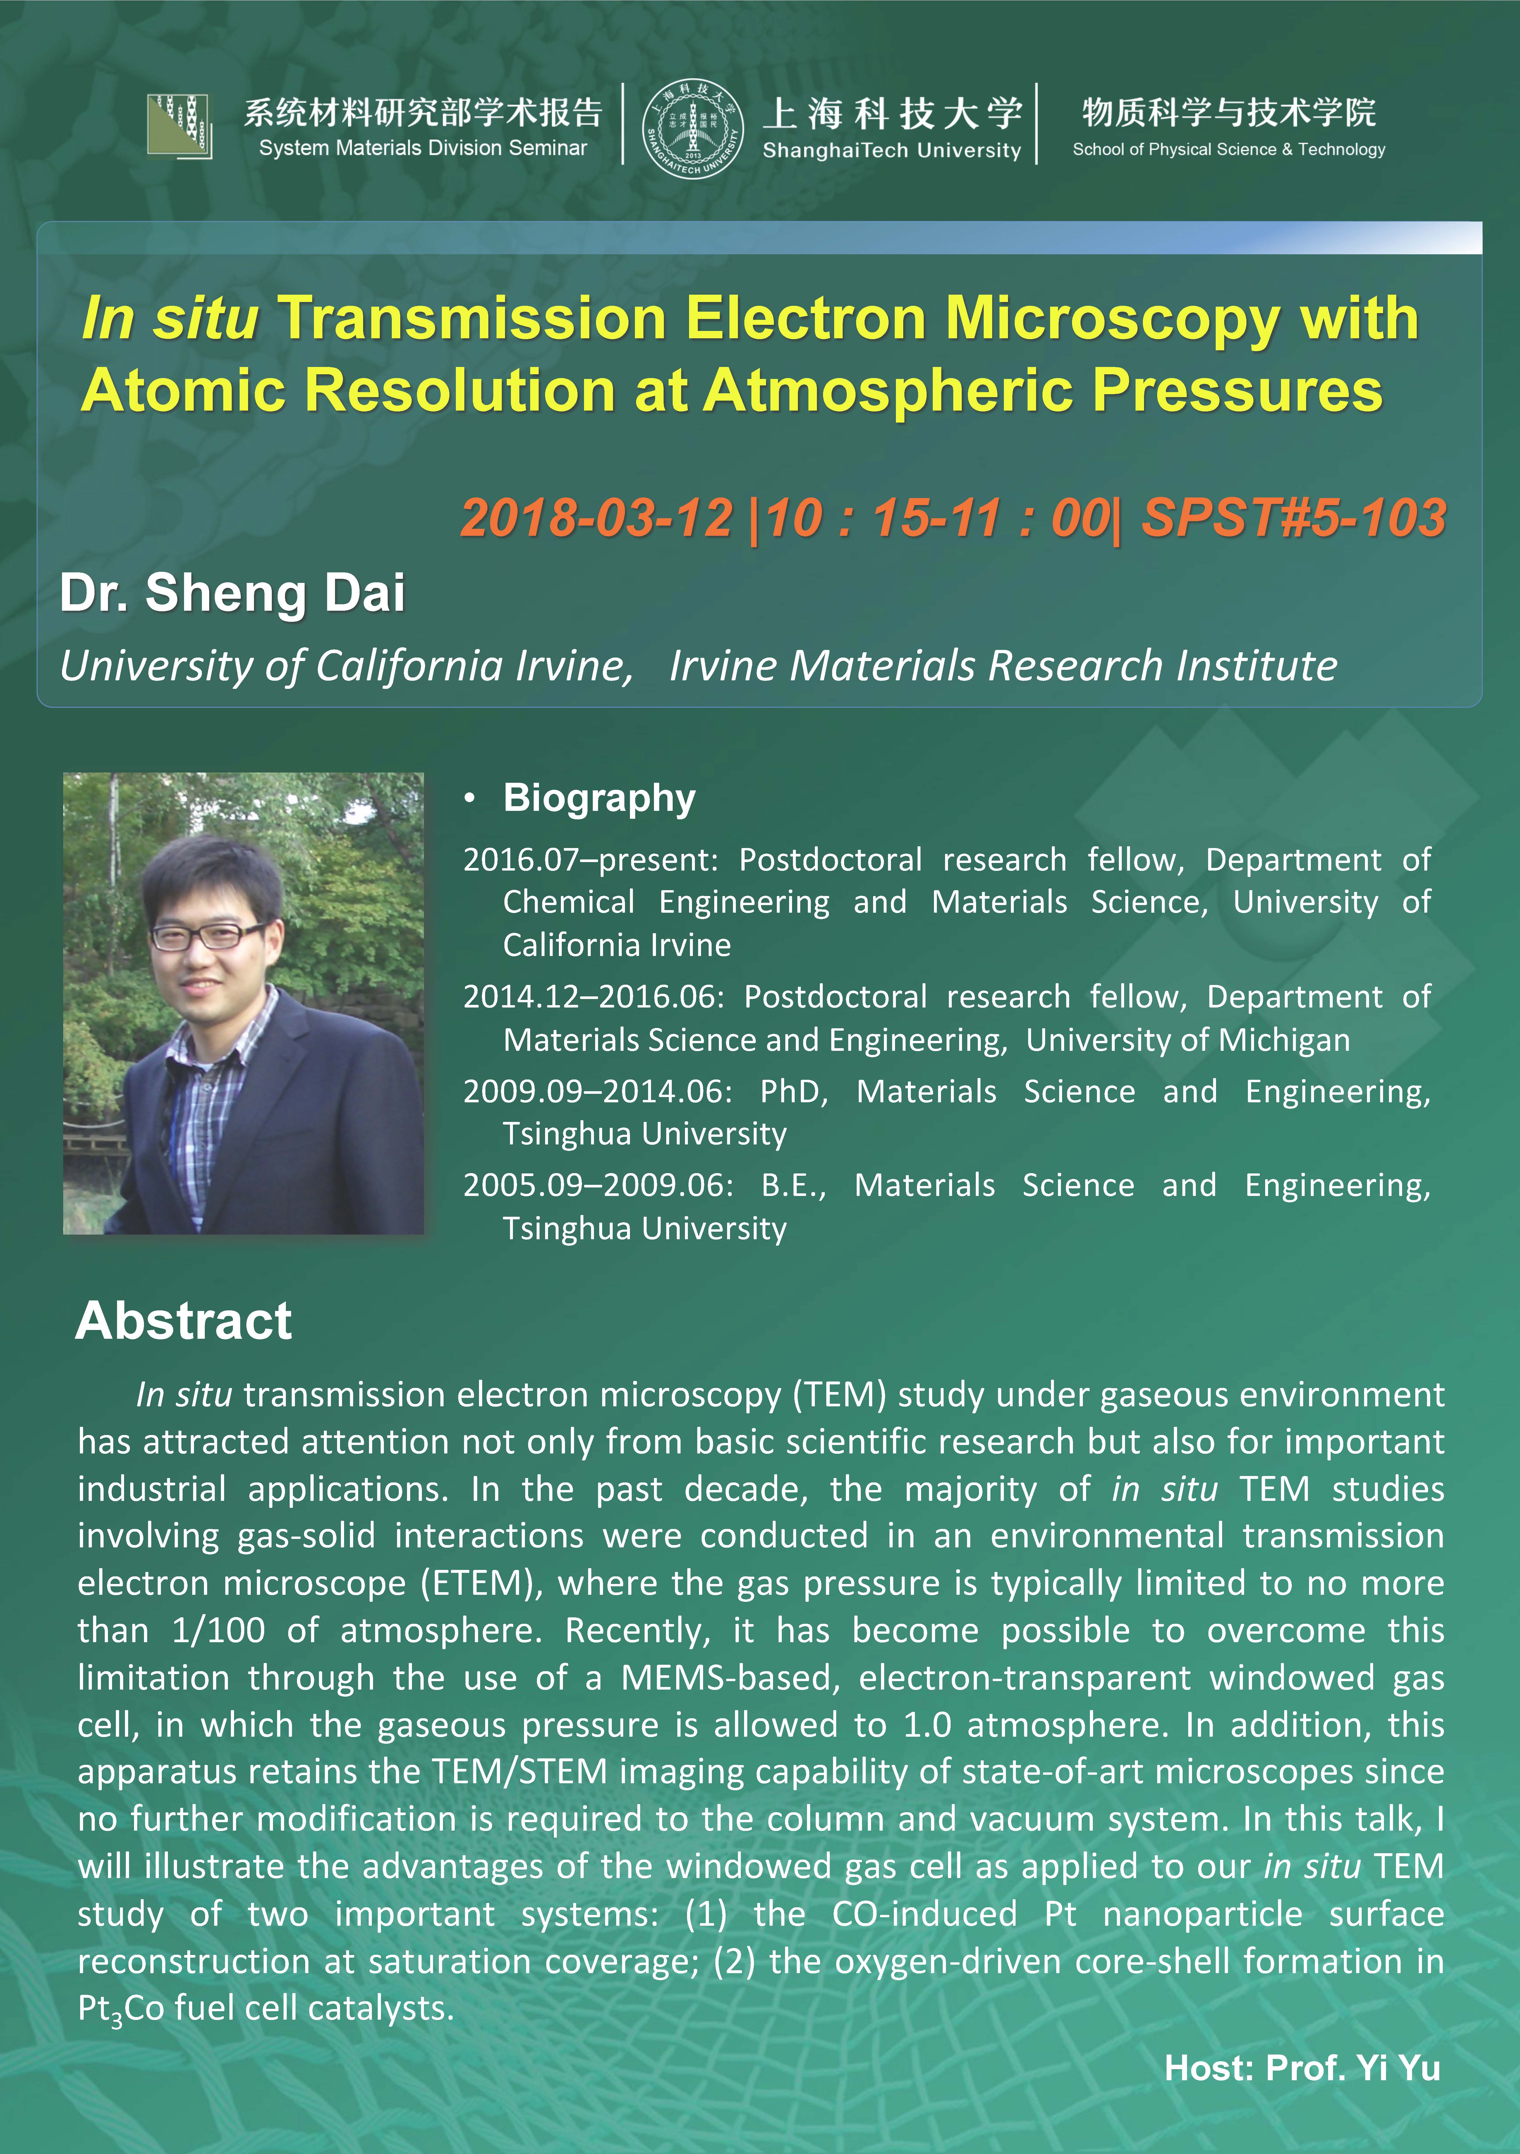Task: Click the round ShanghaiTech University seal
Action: (x=693, y=128)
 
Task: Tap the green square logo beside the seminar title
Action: (x=179, y=125)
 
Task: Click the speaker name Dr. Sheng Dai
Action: (x=233, y=593)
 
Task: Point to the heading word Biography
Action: (x=600, y=798)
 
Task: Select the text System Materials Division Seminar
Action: (x=423, y=148)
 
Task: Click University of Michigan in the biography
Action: (x=1188, y=1040)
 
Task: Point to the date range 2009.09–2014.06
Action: (x=598, y=1092)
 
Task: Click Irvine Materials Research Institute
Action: (x=1003, y=666)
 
